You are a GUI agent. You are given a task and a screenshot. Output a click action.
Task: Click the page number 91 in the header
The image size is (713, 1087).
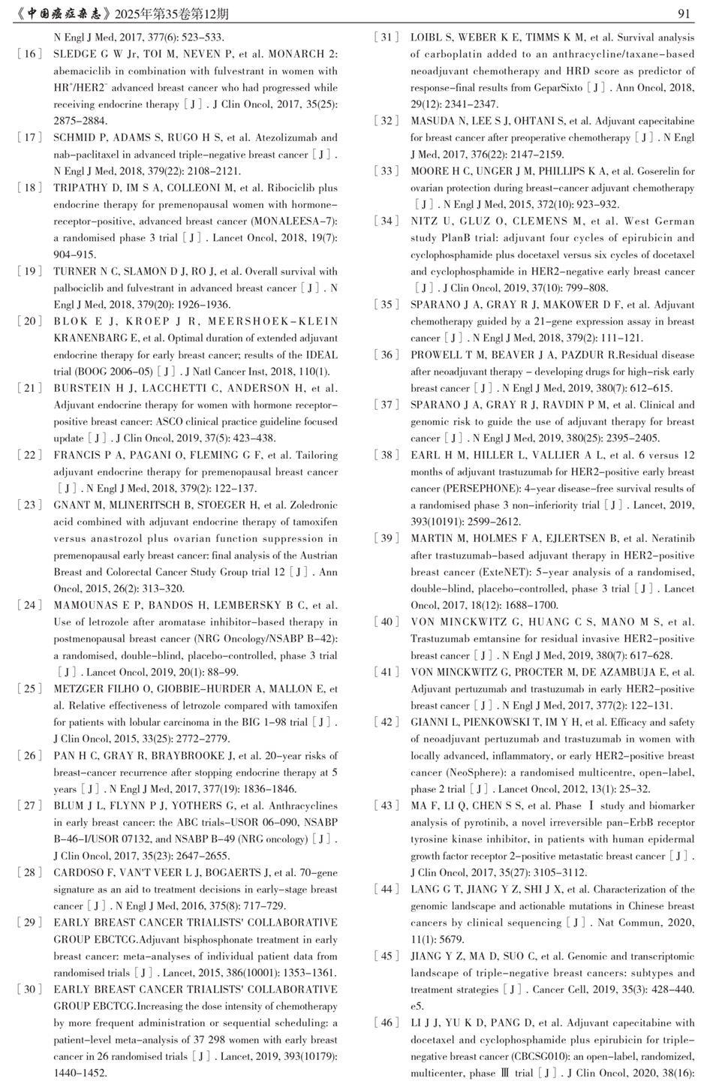coord(684,14)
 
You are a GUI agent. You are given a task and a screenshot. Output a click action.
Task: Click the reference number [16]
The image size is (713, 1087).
coord(29,54)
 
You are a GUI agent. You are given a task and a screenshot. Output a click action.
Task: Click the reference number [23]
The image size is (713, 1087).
coord(29,505)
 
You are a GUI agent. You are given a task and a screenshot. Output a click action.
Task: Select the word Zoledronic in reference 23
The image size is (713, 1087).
coord(311,505)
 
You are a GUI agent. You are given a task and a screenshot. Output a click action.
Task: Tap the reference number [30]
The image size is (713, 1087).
coord(29,989)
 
